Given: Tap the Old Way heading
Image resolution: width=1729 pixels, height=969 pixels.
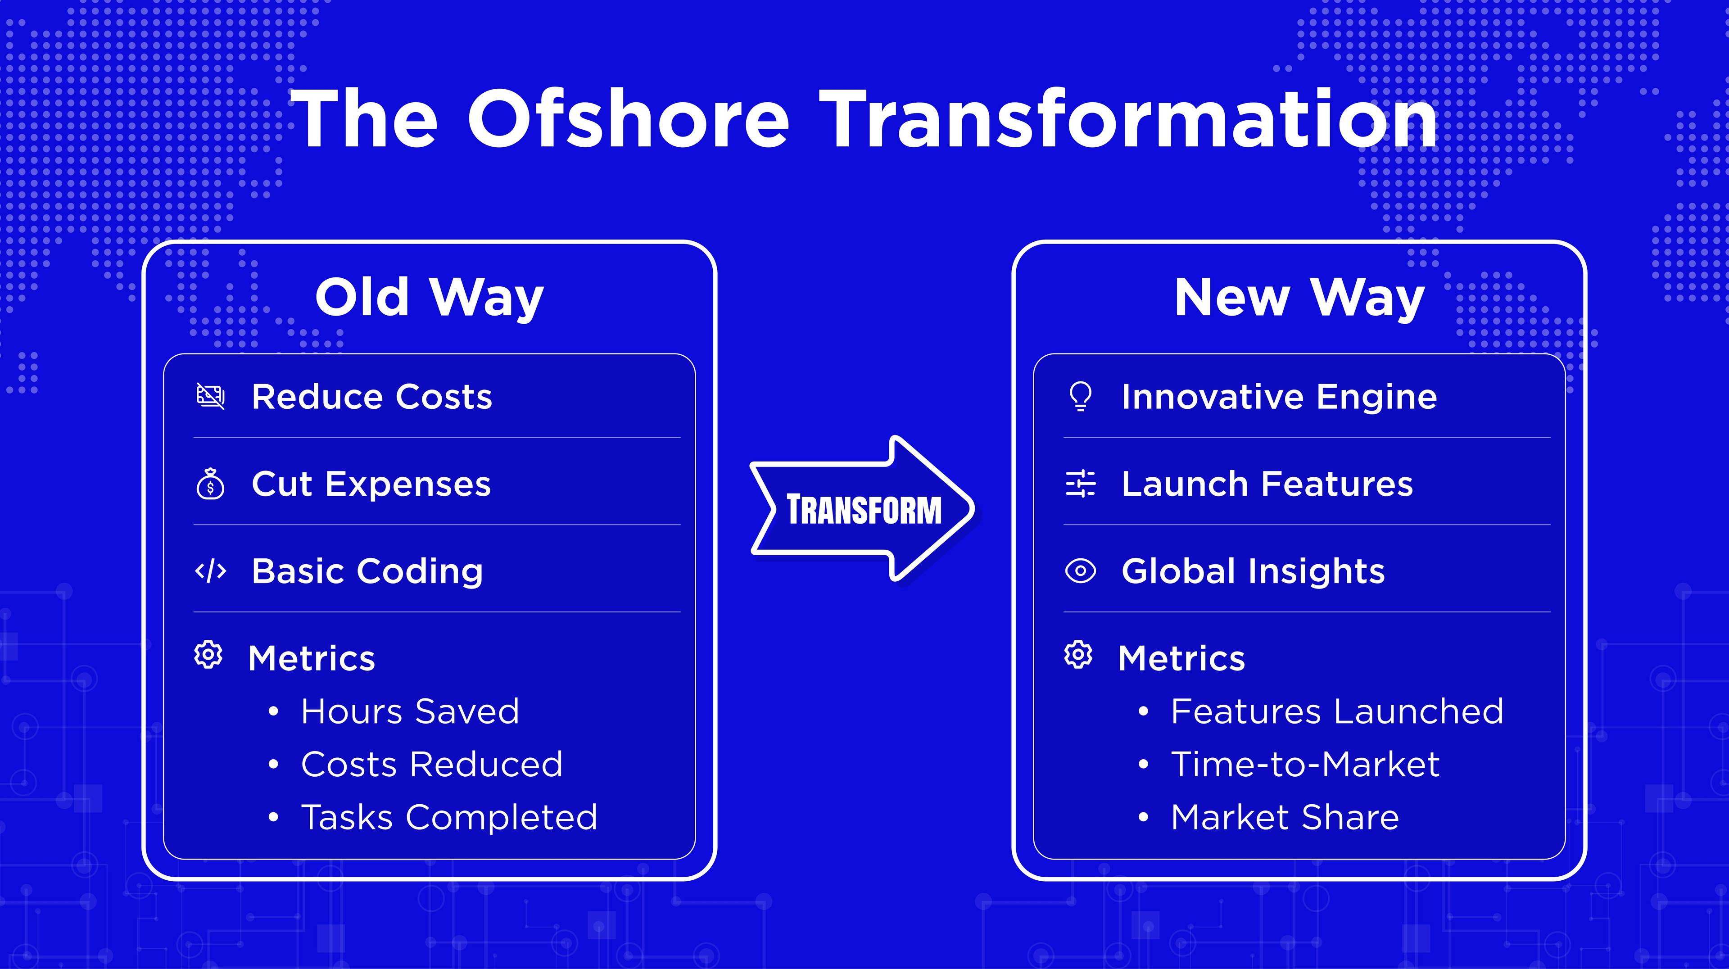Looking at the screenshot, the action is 430,298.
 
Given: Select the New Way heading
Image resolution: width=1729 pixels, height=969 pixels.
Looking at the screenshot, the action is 1299,298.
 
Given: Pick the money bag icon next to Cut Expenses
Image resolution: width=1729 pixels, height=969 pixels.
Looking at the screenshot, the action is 210,484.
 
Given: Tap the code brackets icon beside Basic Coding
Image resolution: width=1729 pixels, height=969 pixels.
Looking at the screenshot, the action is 210,571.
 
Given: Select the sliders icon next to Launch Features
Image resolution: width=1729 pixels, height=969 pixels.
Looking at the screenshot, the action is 1080,484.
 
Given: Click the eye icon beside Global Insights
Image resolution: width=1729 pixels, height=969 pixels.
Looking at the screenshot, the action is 1080,571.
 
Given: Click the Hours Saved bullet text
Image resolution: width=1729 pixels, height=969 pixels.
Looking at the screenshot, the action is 410,711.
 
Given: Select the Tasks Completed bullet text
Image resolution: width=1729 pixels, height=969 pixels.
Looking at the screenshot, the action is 449,817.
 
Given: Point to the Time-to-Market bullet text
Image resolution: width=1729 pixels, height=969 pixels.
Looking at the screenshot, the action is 1305,764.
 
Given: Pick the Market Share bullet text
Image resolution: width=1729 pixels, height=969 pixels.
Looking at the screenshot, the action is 1285,817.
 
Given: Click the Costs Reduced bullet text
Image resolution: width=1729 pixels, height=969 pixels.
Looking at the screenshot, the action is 432,764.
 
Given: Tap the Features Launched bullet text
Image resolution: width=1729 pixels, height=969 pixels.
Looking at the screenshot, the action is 1337,711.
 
